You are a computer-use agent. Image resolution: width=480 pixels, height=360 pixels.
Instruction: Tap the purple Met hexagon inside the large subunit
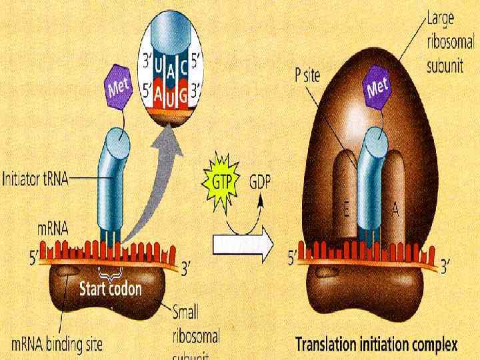377,87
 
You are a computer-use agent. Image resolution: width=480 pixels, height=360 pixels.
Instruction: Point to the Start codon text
111,289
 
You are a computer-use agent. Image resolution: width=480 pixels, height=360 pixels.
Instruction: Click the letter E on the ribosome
346,211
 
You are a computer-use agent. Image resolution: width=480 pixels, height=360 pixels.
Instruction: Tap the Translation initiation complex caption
377,345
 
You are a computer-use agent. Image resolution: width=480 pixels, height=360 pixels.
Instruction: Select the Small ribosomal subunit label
196,331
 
